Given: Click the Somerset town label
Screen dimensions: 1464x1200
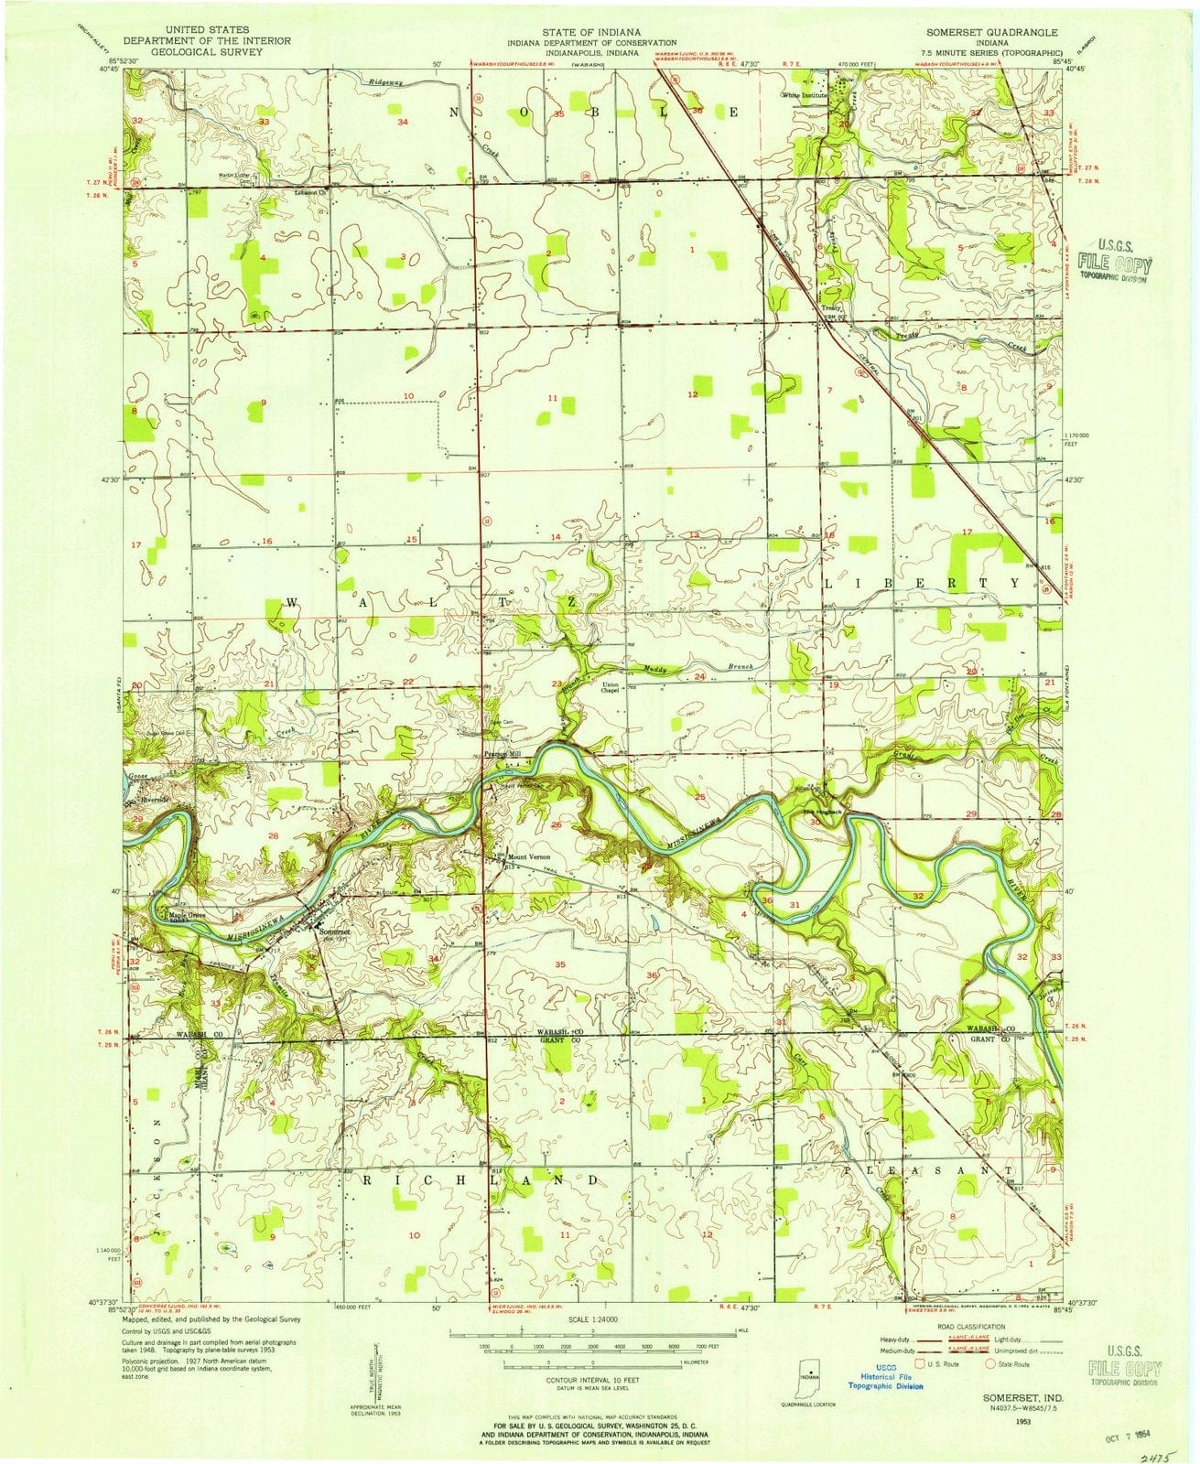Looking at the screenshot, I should point(334,931).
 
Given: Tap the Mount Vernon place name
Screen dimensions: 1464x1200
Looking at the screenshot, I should point(526,857).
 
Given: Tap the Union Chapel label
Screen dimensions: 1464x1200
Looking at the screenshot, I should point(611,690).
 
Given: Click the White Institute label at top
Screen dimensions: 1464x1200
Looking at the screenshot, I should point(805,94).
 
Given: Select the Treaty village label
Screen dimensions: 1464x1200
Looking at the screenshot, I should point(830,309).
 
